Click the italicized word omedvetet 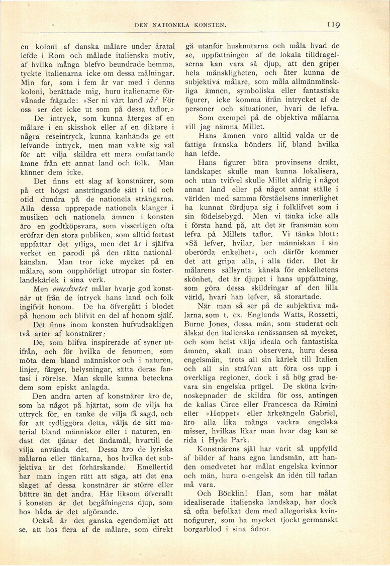(70, 290)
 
